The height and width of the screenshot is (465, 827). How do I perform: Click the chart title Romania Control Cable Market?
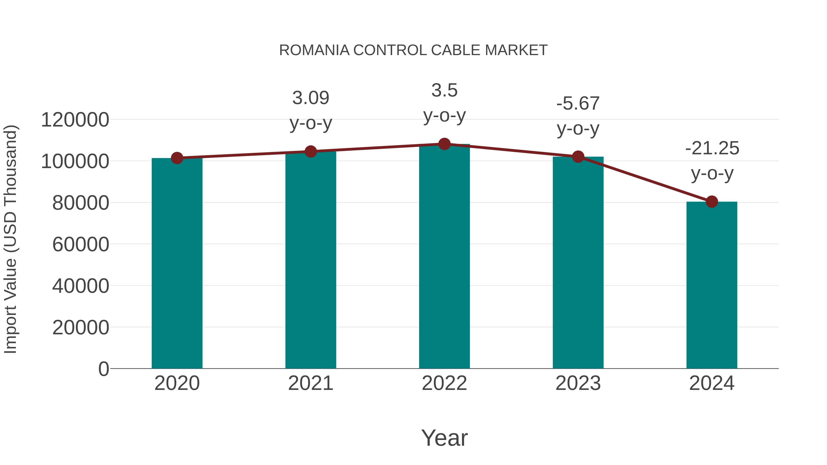point(413,50)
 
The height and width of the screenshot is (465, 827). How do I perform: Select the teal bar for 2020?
point(177,263)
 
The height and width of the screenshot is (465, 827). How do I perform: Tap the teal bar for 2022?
point(444,257)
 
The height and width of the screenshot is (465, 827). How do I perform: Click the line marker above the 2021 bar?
point(310,152)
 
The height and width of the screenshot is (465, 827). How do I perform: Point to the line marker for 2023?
point(578,157)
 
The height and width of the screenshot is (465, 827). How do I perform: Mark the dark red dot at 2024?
point(712,202)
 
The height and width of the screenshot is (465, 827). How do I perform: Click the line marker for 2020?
point(177,158)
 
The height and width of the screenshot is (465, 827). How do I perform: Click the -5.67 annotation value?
point(578,103)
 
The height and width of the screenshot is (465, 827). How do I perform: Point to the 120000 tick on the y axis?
point(75,120)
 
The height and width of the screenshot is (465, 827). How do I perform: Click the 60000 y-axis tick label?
point(81,245)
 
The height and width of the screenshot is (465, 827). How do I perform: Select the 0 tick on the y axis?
point(103,369)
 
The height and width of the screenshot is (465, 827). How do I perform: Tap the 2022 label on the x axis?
point(444,383)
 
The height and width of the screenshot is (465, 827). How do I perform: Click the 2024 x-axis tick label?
point(712,383)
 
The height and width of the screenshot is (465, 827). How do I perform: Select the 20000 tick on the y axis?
point(81,328)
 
